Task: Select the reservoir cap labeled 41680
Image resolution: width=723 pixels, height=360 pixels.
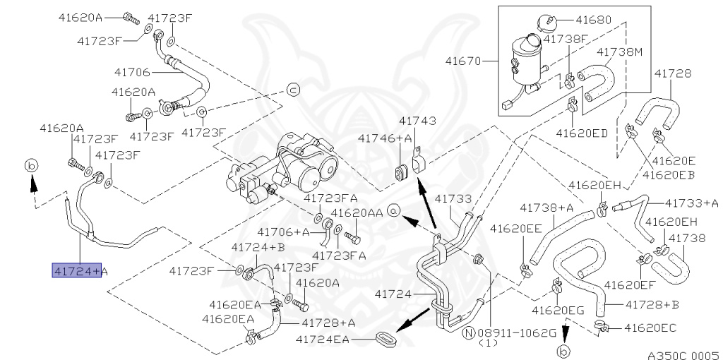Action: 547,23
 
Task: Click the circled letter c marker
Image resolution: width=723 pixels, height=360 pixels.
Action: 293,90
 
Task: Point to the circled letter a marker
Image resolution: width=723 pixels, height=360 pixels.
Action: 393,210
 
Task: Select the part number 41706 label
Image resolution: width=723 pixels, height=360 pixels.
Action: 132,73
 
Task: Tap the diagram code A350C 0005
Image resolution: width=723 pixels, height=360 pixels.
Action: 685,355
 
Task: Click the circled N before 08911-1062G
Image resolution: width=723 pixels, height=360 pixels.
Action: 469,332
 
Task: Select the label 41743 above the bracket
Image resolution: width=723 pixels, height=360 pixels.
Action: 417,121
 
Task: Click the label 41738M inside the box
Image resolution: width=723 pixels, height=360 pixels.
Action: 619,52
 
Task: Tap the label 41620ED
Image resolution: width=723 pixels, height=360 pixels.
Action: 582,133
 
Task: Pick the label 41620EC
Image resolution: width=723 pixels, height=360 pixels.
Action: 650,328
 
